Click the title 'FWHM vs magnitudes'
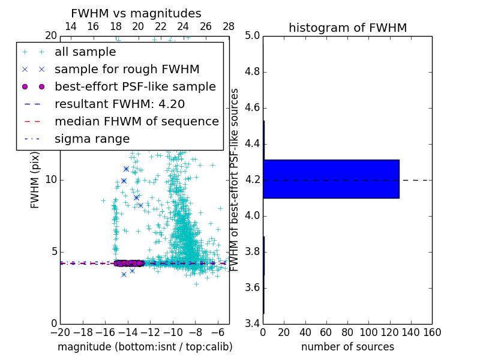click(x=136, y=13)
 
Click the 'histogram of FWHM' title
click(x=347, y=28)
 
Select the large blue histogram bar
click(x=331, y=179)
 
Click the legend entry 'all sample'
click(x=85, y=52)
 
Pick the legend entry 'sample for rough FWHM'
click(x=127, y=70)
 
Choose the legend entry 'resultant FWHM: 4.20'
click(x=119, y=104)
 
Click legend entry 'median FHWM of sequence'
click(x=136, y=121)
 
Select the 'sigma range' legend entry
click(x=92, y=139)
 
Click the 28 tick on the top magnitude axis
click(x=229, y=27)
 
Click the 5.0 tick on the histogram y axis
click(x=253, y=36)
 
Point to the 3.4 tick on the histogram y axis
click(x=253, y=323)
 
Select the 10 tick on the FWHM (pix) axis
click(x=51, y=180)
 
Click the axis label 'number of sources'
click(x=347, y=347)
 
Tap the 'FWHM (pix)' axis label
click(x=35, y=180)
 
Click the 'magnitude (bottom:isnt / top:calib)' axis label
click(x=145, y=347)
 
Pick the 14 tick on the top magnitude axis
click(x=70, y=27)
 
